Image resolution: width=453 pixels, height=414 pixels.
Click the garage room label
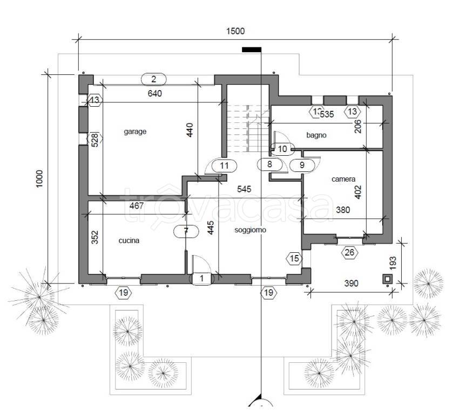[x=135, y=132]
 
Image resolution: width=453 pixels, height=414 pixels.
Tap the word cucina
[x=129, y=241]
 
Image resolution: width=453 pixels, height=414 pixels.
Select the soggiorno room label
[x=251, y=230]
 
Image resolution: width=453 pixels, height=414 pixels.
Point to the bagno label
[x=316, y=135]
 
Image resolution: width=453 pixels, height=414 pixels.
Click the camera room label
[x=343, y=180]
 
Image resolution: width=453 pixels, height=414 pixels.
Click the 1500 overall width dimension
[x=235, y=31]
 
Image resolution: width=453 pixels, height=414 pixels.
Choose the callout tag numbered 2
[x=153, y=79]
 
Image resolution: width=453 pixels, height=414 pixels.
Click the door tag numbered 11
[x=225, y=165]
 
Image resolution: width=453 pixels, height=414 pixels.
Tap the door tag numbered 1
[x=202, y=279]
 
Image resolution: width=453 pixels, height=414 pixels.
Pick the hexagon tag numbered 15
[x=294, y=259]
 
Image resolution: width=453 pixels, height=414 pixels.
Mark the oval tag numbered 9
[x=301, y=165]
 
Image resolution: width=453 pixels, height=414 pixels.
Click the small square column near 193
[x=387, y=279]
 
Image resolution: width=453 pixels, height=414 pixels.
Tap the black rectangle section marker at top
[x=252, y=50]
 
